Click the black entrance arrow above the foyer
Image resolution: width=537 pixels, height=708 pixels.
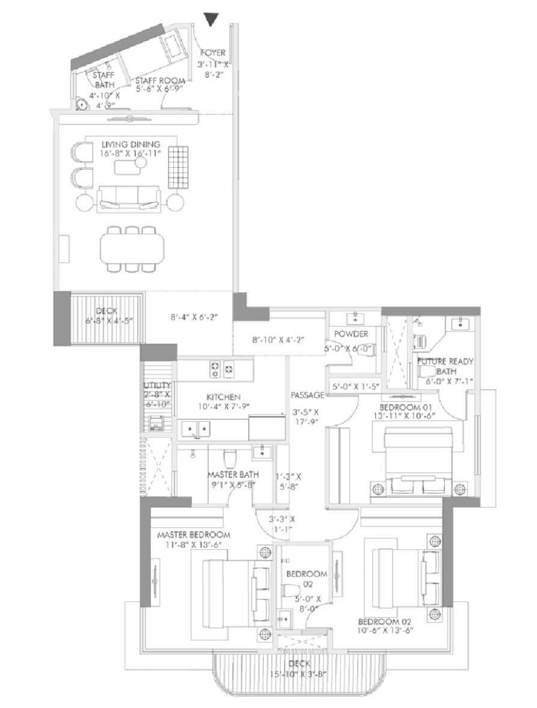point(210,20)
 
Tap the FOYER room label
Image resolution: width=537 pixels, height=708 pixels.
point(213,53)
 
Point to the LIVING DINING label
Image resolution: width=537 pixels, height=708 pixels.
point(130,144)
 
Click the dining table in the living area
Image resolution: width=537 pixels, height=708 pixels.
point(132,248)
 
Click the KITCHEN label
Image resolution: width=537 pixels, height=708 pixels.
point(224,397)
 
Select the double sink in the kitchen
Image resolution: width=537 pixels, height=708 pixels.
point(197,429)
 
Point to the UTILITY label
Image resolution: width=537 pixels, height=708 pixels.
point(158,386)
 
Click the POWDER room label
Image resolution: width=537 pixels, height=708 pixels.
point(352,334)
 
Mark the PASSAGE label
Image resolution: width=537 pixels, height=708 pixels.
point(308,395)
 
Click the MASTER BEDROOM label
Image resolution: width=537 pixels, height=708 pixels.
point(194,535)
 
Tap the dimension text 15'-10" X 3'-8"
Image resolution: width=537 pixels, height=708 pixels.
point(299,673)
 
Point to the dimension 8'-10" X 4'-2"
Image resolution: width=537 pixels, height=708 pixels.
point(278,340)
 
